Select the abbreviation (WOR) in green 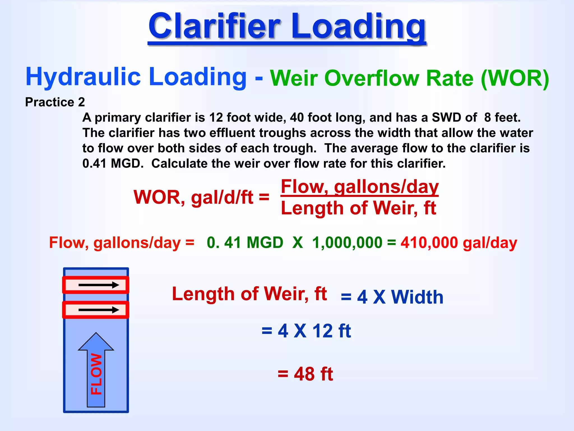point(515,78)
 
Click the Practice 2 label point(55,102)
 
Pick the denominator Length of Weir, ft point(358,208)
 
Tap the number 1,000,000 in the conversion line point(347,242)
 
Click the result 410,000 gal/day point(459,242)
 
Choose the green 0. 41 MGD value point(245,242)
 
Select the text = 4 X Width point(392,297)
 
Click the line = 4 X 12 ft point(306,331)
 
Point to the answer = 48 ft point(305,374)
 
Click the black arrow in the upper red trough point(99,285)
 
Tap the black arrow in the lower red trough point(99,310)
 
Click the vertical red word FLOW point(96,374)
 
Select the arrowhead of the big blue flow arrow point(96,342)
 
